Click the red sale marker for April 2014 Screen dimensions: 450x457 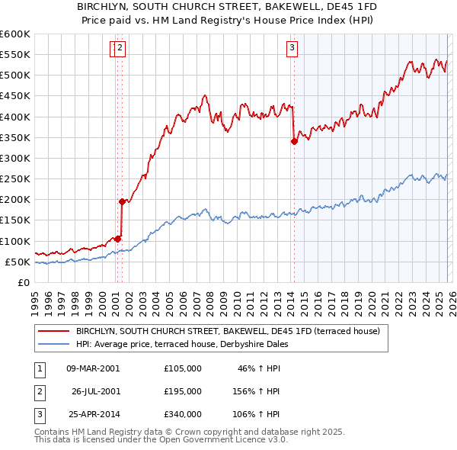[x=294, y=141]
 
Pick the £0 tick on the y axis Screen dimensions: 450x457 [x=24, y=282]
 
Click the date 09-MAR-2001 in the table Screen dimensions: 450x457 [x=93, y=368]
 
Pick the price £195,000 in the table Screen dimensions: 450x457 [x=182, y=391]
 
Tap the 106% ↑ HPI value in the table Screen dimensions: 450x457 [x=257, y=415]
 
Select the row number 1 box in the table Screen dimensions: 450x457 [x=38, y=368]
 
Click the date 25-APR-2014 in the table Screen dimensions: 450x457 [x=93, y=415]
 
